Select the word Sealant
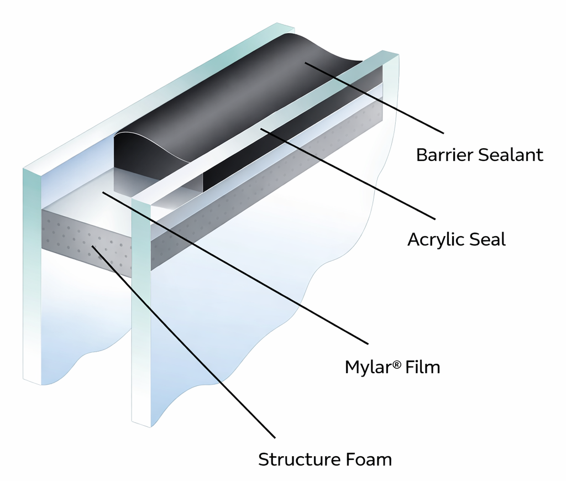click(x=511, y=155)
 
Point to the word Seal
click(x=488, y=239)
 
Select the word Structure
click(x=295, y=459)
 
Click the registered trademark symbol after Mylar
click(x=397, y=363)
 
